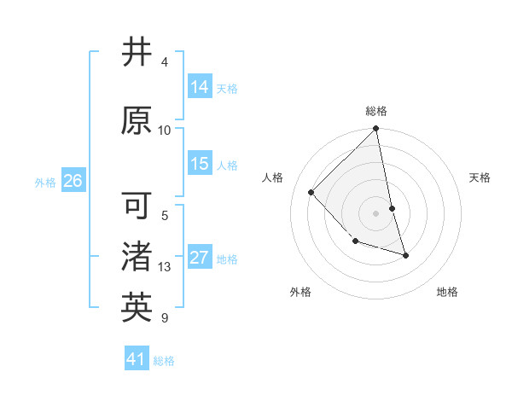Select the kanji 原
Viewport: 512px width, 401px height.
pyautogui.click(x=137, y=120)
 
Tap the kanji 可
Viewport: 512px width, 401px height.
pyautogui.click(x=137, y=206)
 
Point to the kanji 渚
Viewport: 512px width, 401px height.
pyautogui.click(x=137, y=257)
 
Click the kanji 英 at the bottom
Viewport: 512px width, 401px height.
pyautogui.click(x=137, y=308)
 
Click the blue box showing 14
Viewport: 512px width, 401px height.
pyautogui.click(x=200, y=87)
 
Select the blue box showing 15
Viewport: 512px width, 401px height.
pyautogui.click(x=200, y=164)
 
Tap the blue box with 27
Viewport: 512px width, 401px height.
pyautogui.click(x=200, y=258)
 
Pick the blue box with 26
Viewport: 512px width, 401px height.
pyautogui.click(x=73, y=181)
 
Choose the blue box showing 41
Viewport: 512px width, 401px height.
pyautogui.click(x=137, y=360)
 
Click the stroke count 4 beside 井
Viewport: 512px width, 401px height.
pyautogui.click(x=165, y=62)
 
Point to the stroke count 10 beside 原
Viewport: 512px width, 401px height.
pyautogui.click(x=165, y=131)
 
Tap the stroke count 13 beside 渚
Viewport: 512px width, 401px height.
pyautogui.click(x=165, y=267)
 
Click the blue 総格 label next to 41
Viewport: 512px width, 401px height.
pyautogui.click(x=164, y=361)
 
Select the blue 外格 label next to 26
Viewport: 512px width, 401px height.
pyautogui.click(x=45, y=182)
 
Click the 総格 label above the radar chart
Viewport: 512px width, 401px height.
pyautogui.click(x=376, y=111)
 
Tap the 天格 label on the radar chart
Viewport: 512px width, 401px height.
pyautogui.click(x=480, y=177)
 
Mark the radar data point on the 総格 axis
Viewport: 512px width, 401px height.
pyautogui.click(x=376, y=130)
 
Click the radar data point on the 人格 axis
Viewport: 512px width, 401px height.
pyautogui.click(x=311, y=192)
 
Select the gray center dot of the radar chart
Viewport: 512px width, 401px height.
pyautogui.click(x=376, y=212)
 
